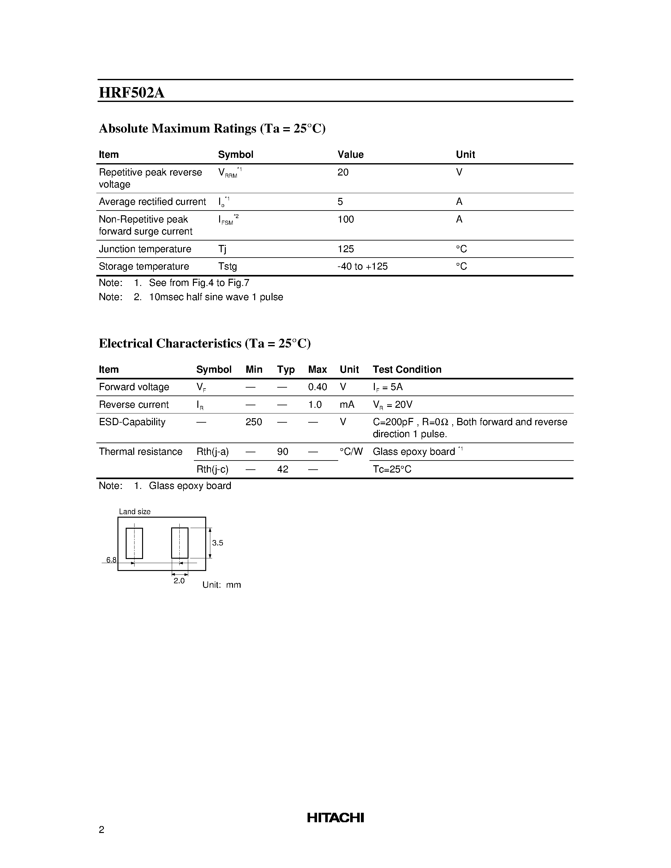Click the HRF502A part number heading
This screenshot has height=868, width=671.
[x=132, y=92]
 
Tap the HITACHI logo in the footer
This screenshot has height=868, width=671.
[x=335, y=817]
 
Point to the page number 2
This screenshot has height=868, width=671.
[x=101, y=829]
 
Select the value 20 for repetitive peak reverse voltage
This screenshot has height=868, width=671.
[x=343, y=172]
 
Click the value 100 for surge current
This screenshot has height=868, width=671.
[x=345, y=219]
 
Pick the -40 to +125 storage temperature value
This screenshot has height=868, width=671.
[x=362, y=266]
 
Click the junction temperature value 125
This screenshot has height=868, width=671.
[x=345, y=249]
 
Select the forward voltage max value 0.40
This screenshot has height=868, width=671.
[x=317, y=387]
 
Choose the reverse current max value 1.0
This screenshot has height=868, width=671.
[x=315, y=405]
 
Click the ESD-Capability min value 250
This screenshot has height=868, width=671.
[x=254, y=422]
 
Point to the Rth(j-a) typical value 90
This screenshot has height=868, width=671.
[x=283, y=451]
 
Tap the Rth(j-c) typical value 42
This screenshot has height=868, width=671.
[x=283, y=469]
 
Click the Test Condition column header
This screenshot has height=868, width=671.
[x=407, y=370]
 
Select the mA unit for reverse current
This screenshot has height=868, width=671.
[x=347, y=405]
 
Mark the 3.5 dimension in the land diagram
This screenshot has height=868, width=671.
[x=218, y=543]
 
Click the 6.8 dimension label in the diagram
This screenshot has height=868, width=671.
[x=111, y=560]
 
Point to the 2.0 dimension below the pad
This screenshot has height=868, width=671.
[x=179, y=581]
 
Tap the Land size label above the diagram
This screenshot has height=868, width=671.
[x=135, y=512]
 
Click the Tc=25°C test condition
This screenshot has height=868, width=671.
[x=392, y=469]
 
